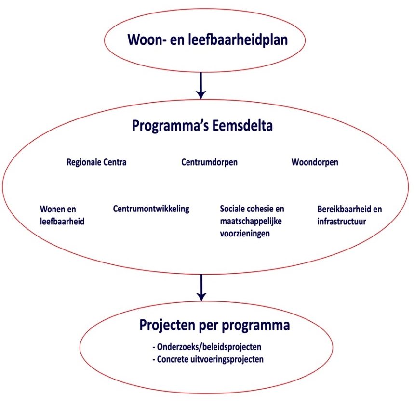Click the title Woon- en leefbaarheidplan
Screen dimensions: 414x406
(208, 40)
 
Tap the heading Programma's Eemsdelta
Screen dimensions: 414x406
(202, 126)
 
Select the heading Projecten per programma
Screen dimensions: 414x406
(214, 326)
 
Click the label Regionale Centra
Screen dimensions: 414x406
(96, 162)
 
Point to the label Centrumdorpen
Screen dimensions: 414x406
(209, 162)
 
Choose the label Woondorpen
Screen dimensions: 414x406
(315, 162)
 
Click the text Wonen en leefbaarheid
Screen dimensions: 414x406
(62, 215)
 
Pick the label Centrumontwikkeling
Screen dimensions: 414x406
(151, 209)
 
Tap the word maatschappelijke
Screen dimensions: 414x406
(251, 222)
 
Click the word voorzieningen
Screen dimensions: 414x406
(245, 234)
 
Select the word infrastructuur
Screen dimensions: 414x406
(342, 222)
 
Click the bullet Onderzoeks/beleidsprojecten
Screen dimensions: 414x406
(207, 347)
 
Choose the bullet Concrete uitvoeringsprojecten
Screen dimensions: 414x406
(208, 359)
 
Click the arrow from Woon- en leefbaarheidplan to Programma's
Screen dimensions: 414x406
(201, 85)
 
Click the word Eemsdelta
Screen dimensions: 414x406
(242, 126)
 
